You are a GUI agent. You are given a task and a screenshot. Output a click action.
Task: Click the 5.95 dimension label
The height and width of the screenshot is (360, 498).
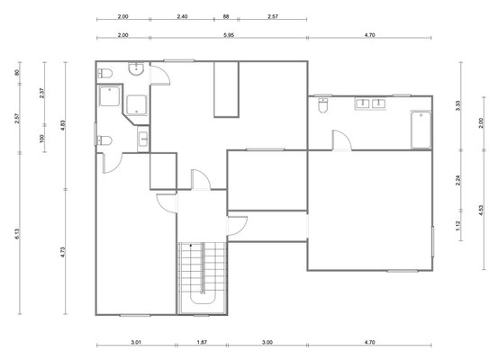pos(229,35)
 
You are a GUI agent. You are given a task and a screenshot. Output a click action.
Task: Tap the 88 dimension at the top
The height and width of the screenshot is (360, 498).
pos(226,16)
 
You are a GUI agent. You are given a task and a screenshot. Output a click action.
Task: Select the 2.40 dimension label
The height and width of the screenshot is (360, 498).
pos(182,16)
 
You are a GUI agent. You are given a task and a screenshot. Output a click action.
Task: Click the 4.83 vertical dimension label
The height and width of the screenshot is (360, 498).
pos(63,125)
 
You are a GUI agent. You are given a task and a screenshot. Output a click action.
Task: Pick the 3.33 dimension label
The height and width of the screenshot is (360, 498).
pos(457,105)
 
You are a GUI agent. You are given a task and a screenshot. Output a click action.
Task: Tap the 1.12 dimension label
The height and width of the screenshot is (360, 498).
pos(457,226)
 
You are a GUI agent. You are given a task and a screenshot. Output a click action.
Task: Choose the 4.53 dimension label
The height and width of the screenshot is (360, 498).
pos(481,211)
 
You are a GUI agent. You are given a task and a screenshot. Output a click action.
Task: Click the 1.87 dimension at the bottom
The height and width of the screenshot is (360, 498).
pos(202,342)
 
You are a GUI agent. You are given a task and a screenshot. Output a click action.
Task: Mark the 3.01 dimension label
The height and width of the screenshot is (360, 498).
pos(136,342)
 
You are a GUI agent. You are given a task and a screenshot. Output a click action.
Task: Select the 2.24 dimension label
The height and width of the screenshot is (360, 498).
pos(457,180)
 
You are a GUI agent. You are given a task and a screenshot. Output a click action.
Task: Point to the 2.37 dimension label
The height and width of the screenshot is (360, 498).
pos(42,93)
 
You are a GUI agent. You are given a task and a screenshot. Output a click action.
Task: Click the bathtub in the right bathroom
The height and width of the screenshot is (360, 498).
pos(421,130)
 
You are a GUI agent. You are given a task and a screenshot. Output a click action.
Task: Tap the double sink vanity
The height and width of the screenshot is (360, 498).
pos(371,103)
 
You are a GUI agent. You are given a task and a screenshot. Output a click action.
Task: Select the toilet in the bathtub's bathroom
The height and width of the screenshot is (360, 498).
pos(323,105)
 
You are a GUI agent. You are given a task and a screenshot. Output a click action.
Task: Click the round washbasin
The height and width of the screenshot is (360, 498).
pos(136,69)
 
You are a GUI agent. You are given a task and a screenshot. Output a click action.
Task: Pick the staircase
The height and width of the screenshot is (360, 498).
pos(202,278)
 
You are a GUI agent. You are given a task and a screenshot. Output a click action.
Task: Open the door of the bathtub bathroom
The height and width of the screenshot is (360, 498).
pos(341,140)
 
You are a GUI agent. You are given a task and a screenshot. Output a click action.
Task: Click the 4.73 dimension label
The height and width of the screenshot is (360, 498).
pos(63,252)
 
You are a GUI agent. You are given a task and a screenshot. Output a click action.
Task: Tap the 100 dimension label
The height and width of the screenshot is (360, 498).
pos(42,139)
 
